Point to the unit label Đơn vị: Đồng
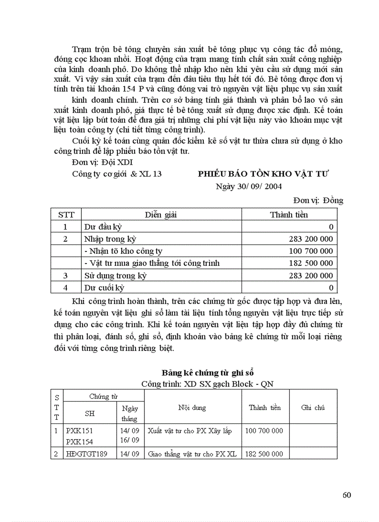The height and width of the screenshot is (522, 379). [318, 200]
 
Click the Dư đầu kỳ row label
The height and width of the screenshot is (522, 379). [103, 227]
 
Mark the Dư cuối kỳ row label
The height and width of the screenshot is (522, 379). [104, 287]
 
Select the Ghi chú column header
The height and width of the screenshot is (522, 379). [313, 408]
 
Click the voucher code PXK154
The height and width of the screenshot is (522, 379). [79, 440]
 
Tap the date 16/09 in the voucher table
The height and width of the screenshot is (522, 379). [130, 440]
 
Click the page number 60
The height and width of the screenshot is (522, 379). [346, 495]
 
